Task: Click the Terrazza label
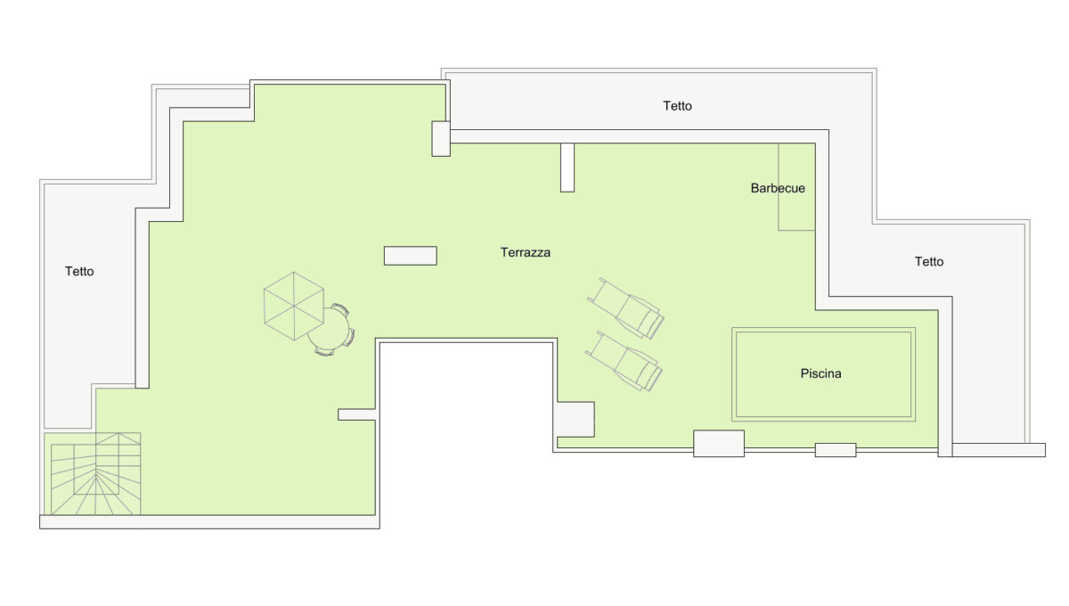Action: coord(525,252)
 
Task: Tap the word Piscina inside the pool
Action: coord(820,373)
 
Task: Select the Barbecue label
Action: coord(778,188)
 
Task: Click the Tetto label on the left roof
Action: coord(79,271)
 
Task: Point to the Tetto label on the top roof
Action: coord(677,105)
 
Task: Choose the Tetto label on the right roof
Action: coord(928,262)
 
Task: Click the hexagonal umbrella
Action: coord(294,306)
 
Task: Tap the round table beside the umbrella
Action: coord(329,330)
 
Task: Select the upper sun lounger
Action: coord(625,308)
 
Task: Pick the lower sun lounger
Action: coord(624,361)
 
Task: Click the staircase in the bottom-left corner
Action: coord(95,474)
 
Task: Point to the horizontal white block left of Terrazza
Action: coord(411,256)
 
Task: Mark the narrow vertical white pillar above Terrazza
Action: coord(567,168)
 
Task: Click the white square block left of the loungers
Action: coord(576,419)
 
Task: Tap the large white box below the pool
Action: coord(719,444)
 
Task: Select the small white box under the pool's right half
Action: coord(836,450)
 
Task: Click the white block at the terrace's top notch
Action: coord(441,138)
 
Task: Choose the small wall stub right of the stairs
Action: coord(357,414)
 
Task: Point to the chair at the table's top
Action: coord(340,309)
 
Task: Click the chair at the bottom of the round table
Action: coord(324,352)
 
